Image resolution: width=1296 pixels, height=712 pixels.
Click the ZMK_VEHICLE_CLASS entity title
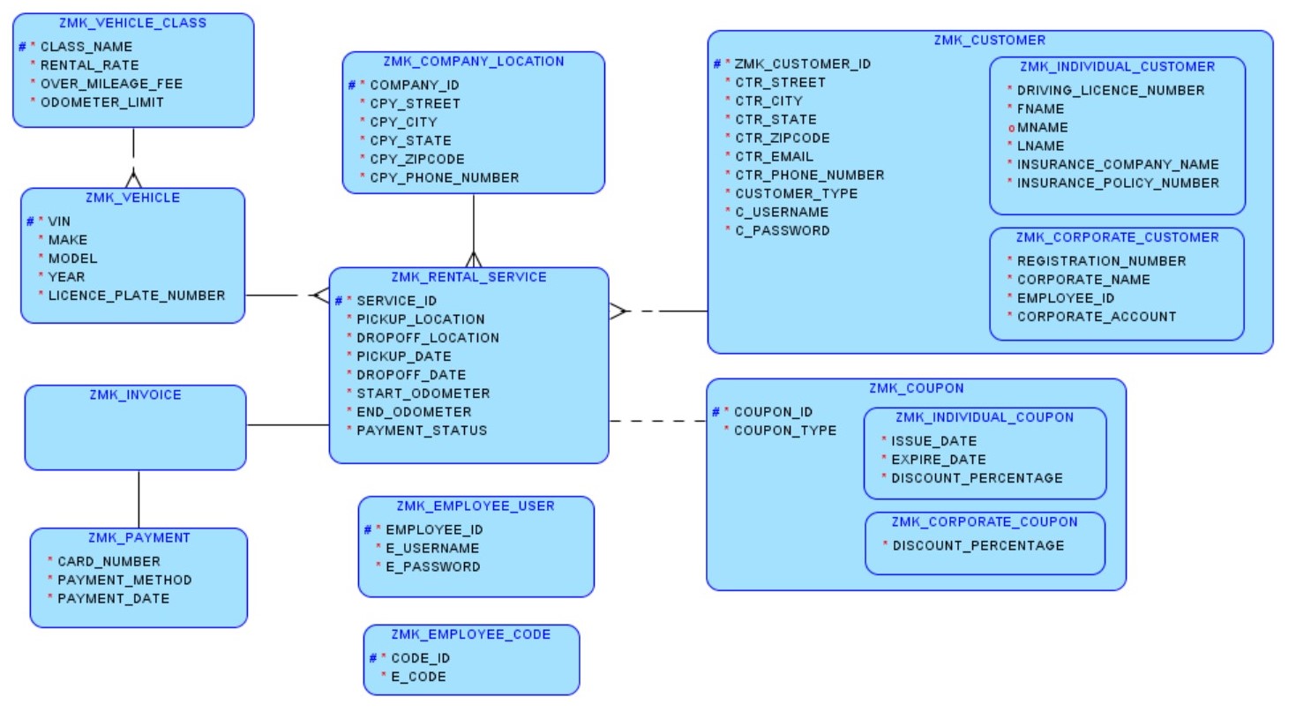133,23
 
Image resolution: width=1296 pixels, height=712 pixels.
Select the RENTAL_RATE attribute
89,64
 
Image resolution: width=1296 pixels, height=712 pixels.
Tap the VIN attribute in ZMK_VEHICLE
59,221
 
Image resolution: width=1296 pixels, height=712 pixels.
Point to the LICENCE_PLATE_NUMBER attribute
137,296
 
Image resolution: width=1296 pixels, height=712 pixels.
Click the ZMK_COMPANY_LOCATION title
474,62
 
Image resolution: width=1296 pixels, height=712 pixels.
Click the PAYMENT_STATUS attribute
422,431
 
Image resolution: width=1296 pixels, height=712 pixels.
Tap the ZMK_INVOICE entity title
135,395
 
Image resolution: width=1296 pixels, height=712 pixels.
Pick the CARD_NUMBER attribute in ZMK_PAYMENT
109,561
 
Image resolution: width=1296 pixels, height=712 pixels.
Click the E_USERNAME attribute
432,548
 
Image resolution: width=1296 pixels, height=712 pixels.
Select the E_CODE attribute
418,677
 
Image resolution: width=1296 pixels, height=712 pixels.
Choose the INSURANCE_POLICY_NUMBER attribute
1118,183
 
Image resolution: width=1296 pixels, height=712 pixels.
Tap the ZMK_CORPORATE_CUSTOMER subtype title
1117,237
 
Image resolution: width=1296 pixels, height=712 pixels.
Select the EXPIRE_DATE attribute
939,460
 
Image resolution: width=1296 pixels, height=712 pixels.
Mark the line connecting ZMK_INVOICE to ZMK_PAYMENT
139,498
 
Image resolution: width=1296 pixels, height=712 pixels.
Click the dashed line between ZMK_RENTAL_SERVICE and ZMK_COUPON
657,421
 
